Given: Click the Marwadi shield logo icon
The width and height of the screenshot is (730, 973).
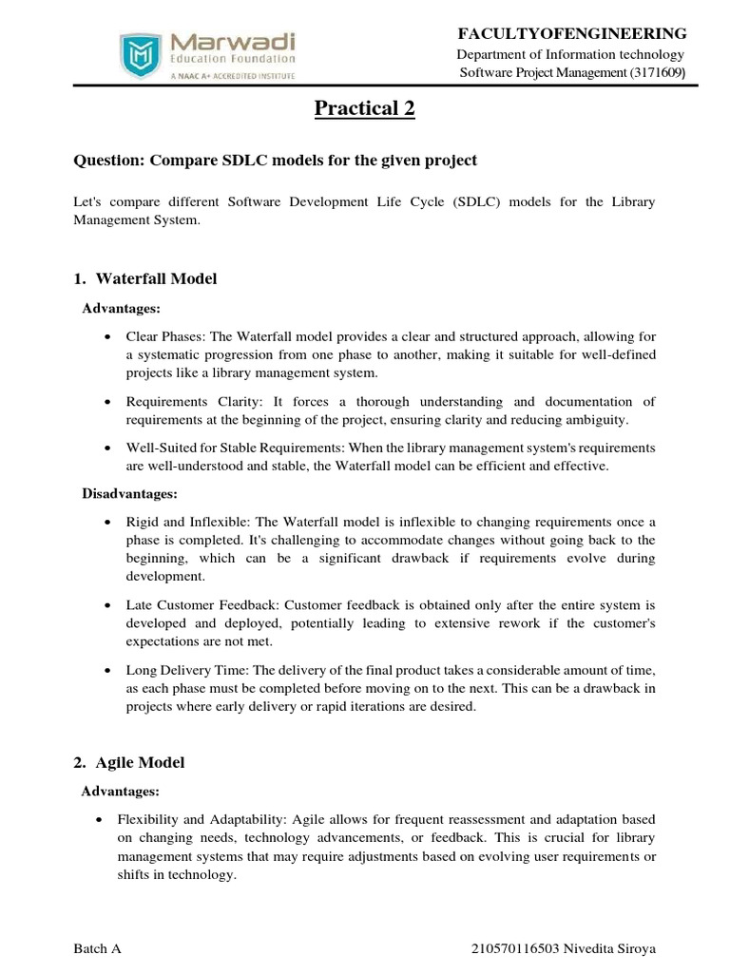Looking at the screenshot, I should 138,55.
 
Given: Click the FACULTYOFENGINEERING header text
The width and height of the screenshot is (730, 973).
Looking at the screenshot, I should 572,33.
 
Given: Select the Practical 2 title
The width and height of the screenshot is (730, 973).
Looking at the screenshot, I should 365,109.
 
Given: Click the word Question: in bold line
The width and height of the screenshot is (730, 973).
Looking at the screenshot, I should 106,161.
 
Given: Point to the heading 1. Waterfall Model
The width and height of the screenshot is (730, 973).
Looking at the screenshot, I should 145,278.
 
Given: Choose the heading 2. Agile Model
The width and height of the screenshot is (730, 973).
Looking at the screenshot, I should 129,762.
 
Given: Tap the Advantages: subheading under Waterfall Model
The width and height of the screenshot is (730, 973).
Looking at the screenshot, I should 122,309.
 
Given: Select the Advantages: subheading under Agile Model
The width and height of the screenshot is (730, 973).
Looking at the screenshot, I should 122,792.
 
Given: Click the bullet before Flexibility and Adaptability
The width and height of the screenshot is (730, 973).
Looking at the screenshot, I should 105,819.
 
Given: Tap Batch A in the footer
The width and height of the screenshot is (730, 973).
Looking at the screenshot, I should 97,949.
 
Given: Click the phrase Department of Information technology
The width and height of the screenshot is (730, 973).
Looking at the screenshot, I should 571,54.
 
